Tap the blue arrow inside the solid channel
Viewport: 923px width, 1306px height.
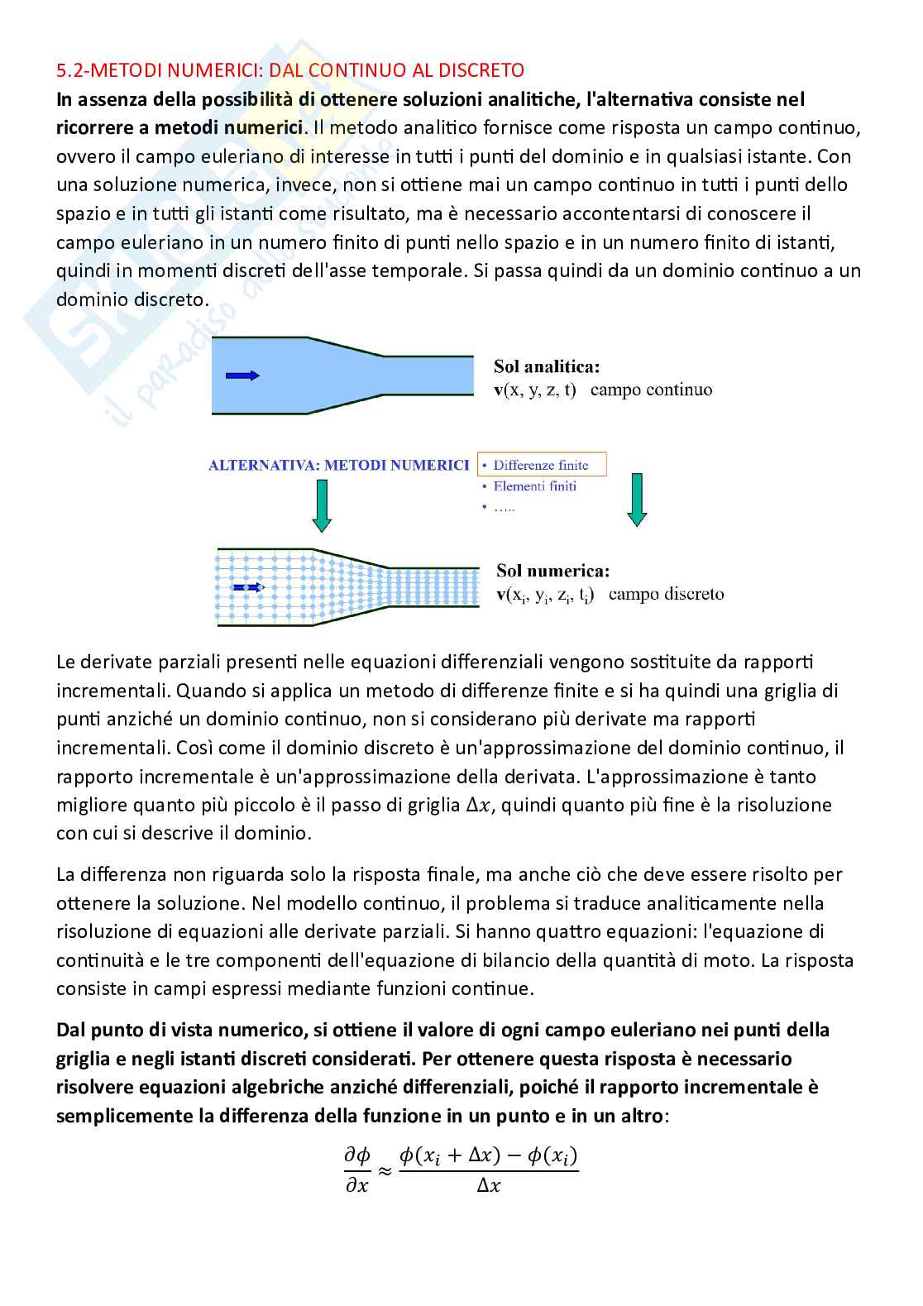243,376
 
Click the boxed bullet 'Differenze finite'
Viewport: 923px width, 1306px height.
541,465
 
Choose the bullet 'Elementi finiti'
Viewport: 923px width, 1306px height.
534,486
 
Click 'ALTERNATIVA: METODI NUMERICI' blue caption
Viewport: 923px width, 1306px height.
339,466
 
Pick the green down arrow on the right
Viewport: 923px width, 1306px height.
636,500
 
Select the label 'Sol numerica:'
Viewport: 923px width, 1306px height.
552,571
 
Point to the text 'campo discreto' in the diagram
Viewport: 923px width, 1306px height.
666,594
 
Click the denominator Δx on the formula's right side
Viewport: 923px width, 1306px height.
489,1185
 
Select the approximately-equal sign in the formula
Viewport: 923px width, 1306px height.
384,1170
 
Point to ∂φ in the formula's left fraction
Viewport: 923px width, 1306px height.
356,1156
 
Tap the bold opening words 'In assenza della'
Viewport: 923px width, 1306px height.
124,99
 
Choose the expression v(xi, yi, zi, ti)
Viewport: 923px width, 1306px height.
545,595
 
